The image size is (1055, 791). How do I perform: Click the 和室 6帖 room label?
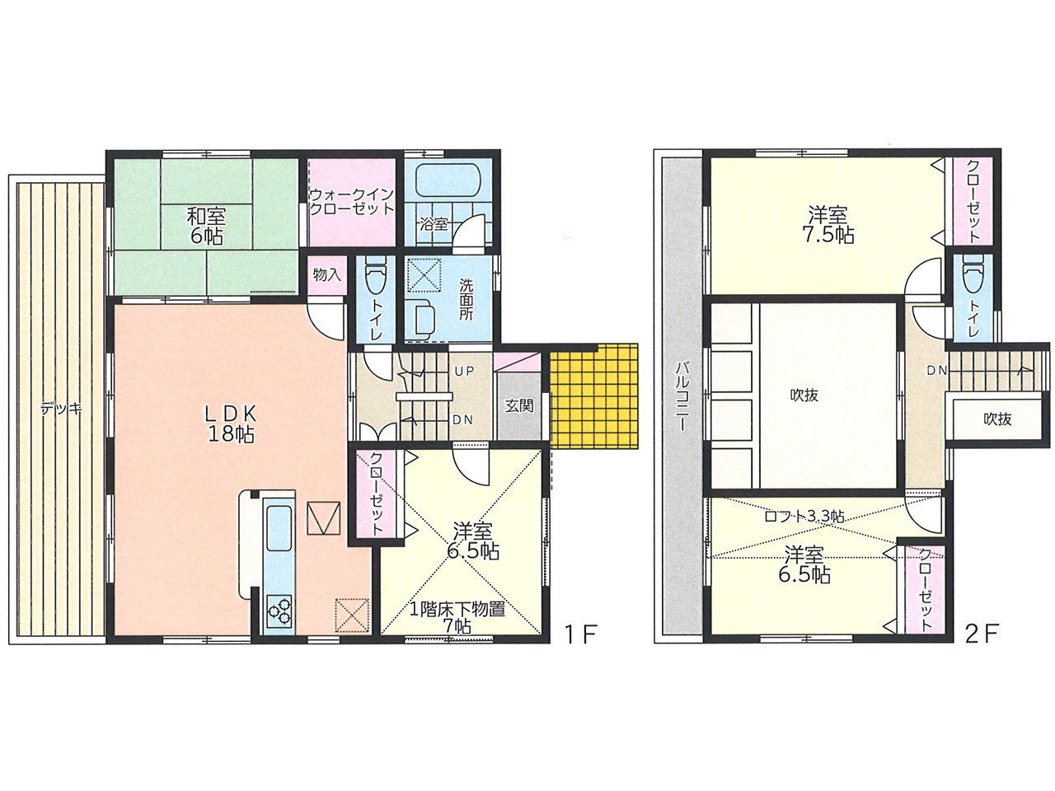pyautogui.click(x=206, y=226)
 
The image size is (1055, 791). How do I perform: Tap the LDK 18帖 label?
pyautogui.click(x=231, y=423)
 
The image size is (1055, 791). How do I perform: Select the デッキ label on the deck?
pyautogui.click(x=62, y=409)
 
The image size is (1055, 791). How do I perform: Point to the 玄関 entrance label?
pyautogui.click(x=519, y=406)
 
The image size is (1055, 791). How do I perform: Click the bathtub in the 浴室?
pyautogui.click(x=445, y=180)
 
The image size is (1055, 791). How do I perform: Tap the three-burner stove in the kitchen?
pyautogui.click(x=279, y=611)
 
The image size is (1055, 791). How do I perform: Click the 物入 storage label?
pyautogui.click(x=327, y=274)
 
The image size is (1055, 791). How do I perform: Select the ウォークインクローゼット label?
pyautogui.click(x=352, y=202)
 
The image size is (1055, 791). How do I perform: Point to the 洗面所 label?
pyautogui.click(x=466, y=300)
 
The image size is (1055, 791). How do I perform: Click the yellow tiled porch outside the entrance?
pyautogui.click(x=594, y=396)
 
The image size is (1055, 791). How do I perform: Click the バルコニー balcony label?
pyautogui.click(x=681, y=396)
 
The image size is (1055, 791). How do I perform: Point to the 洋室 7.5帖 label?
pyautogui.click(x=828, y=225)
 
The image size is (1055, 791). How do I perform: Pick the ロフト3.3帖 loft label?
pyautogui.click(x=804, y=517)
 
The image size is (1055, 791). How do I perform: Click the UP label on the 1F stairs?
pyautogui.click(x=464, y=371)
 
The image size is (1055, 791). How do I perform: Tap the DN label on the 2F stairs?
pyautogui.click(x=937, y=370)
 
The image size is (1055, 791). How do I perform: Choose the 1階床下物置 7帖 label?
pyautogui.click(x=457, y=617)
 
